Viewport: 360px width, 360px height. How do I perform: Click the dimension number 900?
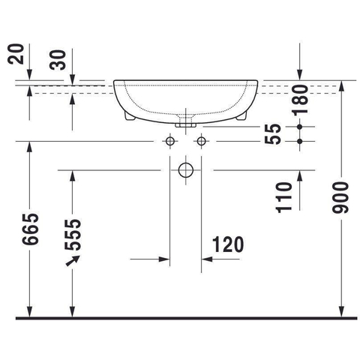click(340, 198)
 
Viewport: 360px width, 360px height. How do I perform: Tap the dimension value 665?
click(31, 229)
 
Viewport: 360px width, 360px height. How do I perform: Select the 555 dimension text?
click(73, 235)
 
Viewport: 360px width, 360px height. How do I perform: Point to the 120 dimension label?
click(228, 244)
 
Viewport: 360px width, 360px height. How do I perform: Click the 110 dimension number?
click(283, 197)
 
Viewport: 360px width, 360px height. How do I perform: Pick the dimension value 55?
click(273, 134)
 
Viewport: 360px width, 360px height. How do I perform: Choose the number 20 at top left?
click(16, 54)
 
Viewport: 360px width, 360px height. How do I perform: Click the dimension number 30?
click(58, 60)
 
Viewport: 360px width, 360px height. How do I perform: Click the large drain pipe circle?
click(186, 170)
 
